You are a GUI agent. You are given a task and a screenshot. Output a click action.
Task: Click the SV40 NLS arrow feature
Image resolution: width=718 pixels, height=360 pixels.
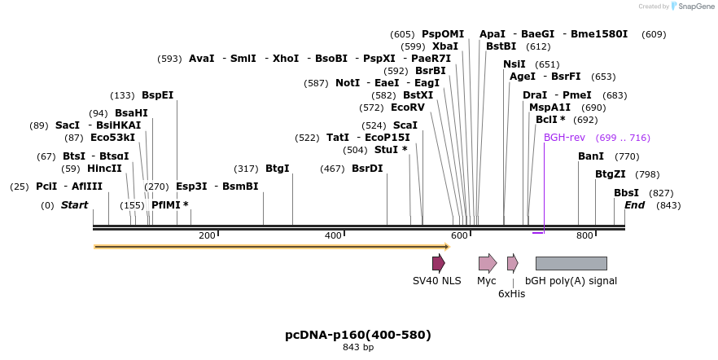(438, 263)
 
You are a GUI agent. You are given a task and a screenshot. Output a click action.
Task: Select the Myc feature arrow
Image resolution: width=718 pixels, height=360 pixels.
(487, 263)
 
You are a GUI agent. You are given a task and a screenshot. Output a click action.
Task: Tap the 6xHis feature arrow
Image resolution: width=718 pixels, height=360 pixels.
(512, 263)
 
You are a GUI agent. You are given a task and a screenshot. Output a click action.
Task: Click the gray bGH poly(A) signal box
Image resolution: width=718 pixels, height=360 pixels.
(571, 263)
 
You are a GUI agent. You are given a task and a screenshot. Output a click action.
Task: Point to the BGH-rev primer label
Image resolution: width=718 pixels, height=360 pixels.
(564, 138)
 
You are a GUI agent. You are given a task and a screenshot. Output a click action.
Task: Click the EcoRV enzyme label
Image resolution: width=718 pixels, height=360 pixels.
(408, 108)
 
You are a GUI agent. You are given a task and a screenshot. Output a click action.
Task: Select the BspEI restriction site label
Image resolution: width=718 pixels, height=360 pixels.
(157, 95)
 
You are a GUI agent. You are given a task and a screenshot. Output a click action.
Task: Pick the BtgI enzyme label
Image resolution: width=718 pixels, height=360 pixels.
(277, 169)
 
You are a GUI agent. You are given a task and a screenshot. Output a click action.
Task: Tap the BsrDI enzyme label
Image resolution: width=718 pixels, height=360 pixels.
(367, 169)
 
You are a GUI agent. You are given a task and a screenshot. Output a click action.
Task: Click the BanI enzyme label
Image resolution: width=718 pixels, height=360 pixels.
(591, 156)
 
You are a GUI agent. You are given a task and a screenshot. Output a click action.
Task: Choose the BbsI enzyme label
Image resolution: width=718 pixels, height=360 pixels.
(626, 193)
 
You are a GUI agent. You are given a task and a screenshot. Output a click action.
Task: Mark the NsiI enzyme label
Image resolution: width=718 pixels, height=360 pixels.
(514, 64)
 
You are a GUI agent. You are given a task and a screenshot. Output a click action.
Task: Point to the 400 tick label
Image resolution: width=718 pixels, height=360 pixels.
(333, 235)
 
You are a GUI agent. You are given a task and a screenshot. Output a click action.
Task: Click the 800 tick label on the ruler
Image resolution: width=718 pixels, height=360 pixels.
(584, 235)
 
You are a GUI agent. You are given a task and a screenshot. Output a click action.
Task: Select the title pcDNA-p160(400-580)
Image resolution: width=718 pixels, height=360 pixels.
(358, 335)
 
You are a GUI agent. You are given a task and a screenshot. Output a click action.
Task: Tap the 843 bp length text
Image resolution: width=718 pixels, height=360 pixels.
(358, 348)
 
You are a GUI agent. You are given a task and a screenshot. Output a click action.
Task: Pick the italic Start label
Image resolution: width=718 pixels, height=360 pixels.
(74, 205)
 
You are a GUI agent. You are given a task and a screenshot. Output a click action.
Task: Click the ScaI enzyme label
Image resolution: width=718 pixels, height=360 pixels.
(405, 125)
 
